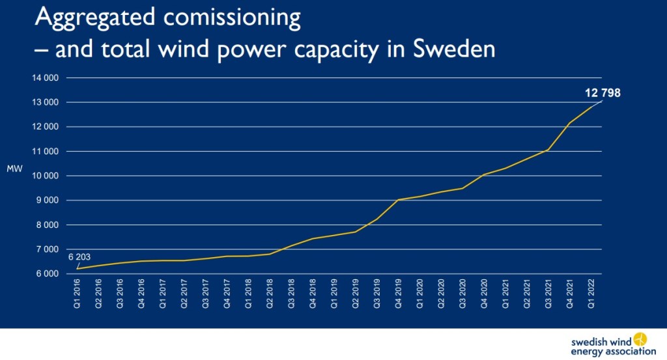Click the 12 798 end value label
click(x=603, y=92)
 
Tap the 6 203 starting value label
click(x=79, y=256)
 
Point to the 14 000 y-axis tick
click(x=45, y=77)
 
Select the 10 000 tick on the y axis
click(x=45, y=176)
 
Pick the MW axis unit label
click(x=14, y=169)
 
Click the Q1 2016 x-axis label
click(x=77, y=293)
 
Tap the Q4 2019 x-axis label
click(x=398, y=293)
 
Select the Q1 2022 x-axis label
click(x=591, y=293)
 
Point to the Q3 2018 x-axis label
click(x=291, y=293)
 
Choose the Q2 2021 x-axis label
click(x=526, y=293)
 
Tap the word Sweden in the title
click(x=454, y=48)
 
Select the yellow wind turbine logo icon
click(x=640, y=339)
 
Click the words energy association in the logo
click(x=613, y=352)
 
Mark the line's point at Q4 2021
click(x=569, y=123)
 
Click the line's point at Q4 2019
click(x=398, y=200)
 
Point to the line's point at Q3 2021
click(x=548, y=150)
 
